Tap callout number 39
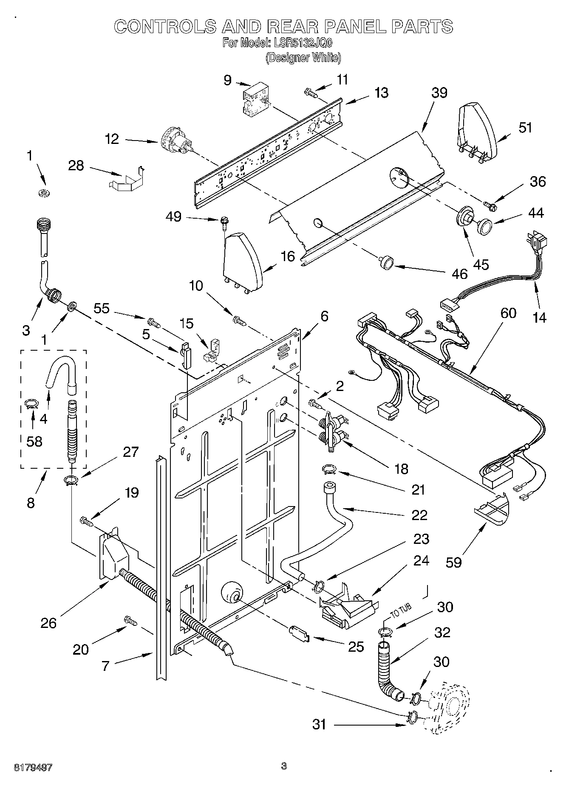tap(439, 93)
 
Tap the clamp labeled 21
tap(328, 469)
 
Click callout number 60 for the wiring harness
tap(508, 313)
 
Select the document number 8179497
tap(34, 767)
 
